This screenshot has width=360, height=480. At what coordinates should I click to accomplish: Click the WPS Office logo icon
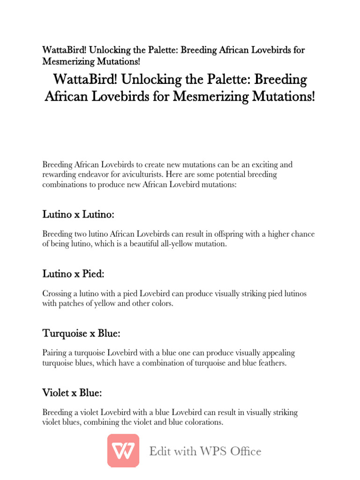pos(123,450)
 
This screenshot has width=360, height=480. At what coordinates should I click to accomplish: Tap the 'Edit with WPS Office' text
pos(205,451)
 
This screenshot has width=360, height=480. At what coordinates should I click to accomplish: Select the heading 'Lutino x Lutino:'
pos(78,215)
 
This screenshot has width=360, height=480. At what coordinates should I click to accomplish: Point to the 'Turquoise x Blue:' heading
pos(82,334)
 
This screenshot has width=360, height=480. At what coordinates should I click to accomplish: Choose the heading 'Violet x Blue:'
pos(72,393)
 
